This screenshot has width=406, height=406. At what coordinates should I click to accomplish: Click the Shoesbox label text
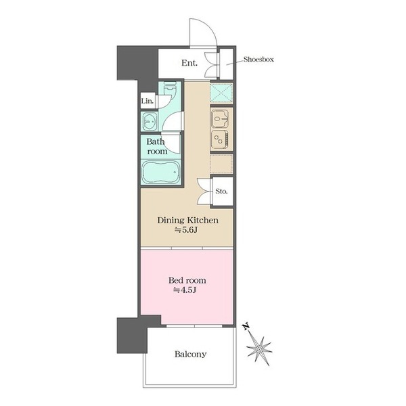pos(258,60)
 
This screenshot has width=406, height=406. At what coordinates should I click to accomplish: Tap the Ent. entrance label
pos(189,63)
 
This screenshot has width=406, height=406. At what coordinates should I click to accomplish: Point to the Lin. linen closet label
pos(148,101)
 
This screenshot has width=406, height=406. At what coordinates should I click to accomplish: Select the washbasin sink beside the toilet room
pos(150,121)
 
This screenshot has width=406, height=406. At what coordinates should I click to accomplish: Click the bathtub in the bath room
pos(161,172)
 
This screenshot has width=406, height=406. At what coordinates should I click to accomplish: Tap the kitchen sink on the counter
pos(220,119)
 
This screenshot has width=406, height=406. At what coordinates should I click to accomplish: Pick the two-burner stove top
pos(220,139)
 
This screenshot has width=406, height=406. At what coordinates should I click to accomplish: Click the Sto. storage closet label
pos(221,191)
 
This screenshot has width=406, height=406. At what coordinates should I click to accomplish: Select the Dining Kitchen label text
pos(187,220)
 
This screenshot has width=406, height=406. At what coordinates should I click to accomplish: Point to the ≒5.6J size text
pos(186,229)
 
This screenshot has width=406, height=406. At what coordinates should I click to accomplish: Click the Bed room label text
pos(187,280)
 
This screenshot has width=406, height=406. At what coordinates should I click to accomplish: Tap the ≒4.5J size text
pos(185,290)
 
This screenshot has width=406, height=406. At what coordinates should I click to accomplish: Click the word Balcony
pos(190,354)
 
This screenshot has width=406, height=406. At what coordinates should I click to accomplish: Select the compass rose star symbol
pos(259,350)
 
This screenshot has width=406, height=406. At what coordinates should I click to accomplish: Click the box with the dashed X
pos(221,93)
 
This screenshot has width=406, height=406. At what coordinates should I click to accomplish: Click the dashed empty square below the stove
pos(221,164)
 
